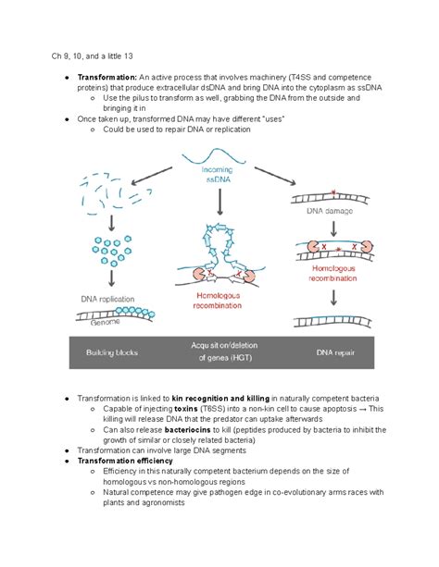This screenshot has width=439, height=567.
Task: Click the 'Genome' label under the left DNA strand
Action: point(104,321)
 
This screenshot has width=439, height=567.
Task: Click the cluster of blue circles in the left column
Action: point(111,248)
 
